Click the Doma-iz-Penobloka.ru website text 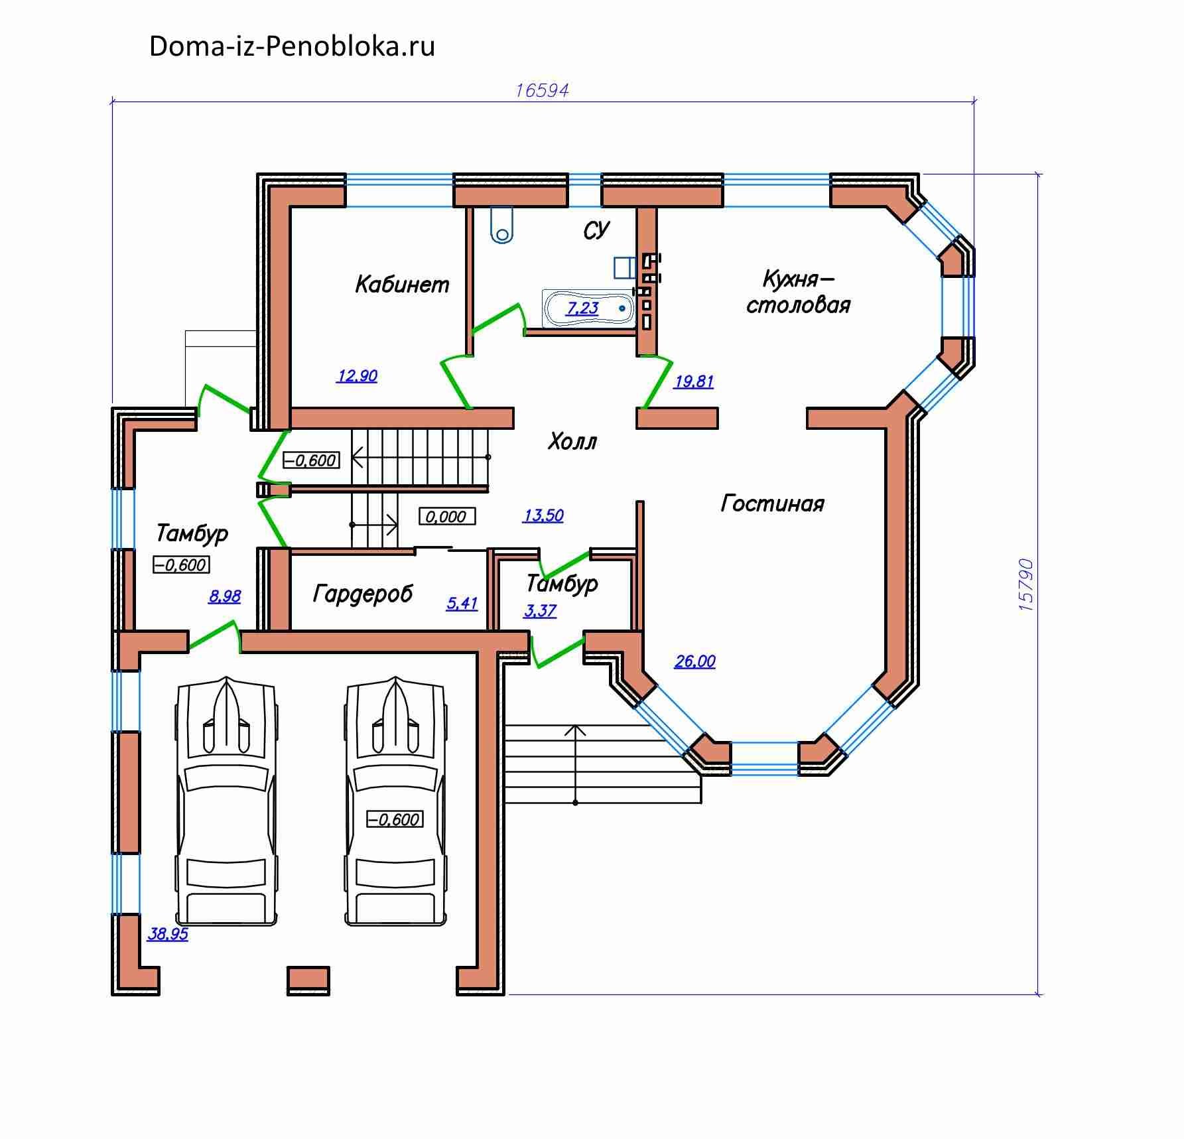click(292, 46)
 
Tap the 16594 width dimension click(542, 90)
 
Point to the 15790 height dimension click(1025, 584)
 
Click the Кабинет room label click(402, 285)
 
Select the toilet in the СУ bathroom click(502, 226)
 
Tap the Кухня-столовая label click(798, 292)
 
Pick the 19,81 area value click(694, 381)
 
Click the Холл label click(572, 442)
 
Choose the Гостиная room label click(772, 504)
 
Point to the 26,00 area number click(694, 661)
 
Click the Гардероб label click(362, 594)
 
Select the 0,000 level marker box click(447, 516)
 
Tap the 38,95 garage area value click(167, 934)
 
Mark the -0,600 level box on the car click(395, 819)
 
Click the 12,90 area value click(357, 376)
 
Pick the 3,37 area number click(540, 610)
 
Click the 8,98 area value click(224, 596)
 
